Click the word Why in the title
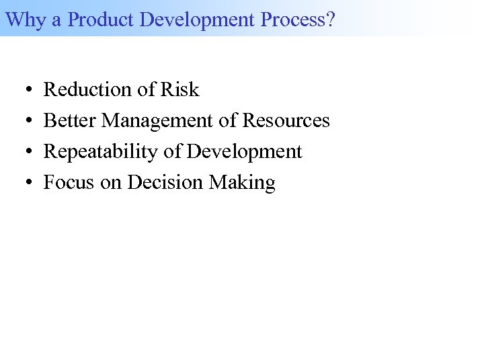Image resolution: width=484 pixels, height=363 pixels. click(25, 19)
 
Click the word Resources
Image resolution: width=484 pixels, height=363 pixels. click(286, 120)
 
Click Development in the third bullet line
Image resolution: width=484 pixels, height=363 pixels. click(245, 151)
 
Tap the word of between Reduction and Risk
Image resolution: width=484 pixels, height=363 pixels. click(144, 89)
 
